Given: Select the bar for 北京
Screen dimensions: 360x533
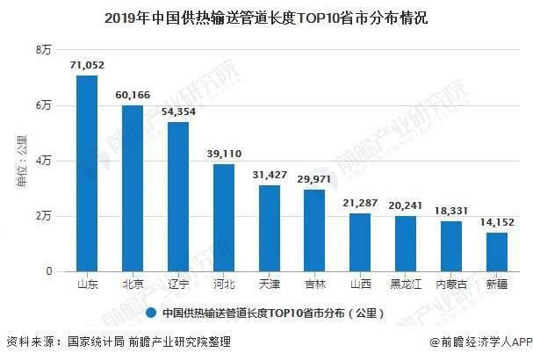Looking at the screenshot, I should (x=133, y=188).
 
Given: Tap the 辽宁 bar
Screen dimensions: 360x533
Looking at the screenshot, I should (x=178, y=197).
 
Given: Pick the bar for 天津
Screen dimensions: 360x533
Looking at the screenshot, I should (x=270, y=228).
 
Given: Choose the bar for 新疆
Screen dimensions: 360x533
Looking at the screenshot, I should (x=496, y=252).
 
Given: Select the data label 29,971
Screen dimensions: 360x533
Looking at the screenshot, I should (x=314, y=177).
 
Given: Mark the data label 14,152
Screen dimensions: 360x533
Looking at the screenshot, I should (x=496, y=221).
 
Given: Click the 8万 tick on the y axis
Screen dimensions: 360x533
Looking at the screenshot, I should (x=43, y=50).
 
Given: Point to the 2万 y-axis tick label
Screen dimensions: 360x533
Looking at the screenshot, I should (x=43, y=216).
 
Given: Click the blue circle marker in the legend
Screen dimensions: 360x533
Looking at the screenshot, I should (x=151, y=312).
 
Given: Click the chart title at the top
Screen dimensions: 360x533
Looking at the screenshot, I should (x=266, y=17).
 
